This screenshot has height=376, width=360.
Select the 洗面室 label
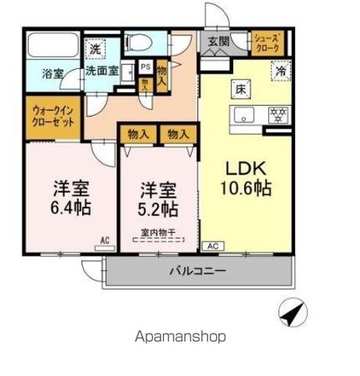pyautogui.click(x=102, y=70)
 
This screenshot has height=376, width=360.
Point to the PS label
pyautogui.click(x=145, y=68)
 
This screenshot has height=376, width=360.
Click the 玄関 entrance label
pyautogui.click(x=219, y=42)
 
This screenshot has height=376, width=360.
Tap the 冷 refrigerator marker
pyautogui.click(x=280, y=70)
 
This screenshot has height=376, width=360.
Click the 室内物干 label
pyautogui.click(x=157, y=232)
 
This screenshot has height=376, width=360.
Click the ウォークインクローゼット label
pyautogui.click(x=52, y=118)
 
